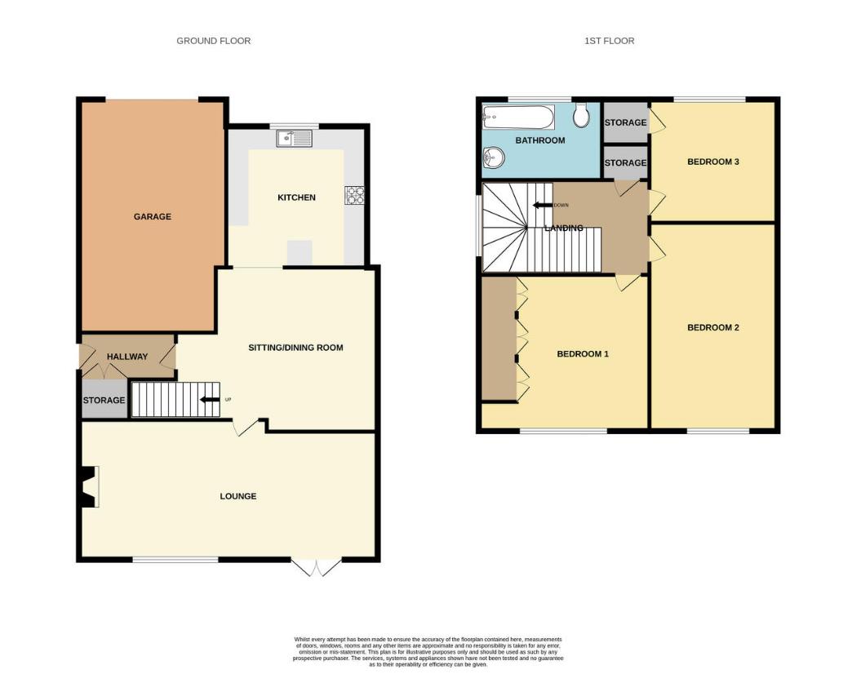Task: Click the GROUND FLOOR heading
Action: [213, 41]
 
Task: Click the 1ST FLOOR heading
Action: [609, 41]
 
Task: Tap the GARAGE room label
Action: [153, 217]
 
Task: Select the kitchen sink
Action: [294, 140]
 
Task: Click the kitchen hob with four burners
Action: [356, 194]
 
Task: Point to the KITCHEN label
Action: [296, 197]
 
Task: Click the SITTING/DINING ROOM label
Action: [295, 348]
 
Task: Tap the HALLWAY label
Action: [127, 357]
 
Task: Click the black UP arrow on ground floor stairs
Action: [210, 399]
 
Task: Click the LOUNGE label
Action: [237, 496]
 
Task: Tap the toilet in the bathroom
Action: [581, 117]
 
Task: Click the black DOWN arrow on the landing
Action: [542, 205]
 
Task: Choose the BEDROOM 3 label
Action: [712, 162]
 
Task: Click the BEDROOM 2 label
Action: [712, 328]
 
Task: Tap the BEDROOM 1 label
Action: [583, 354]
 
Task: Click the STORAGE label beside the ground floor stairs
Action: [104, 401]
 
